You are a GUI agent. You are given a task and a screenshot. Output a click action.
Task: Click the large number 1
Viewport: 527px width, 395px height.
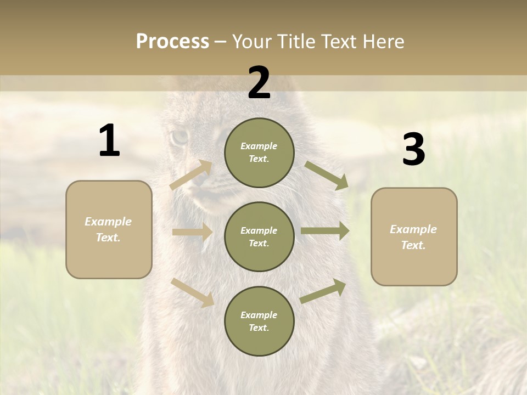[109, 141]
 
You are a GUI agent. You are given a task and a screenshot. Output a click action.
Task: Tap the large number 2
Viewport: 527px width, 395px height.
[259, 83]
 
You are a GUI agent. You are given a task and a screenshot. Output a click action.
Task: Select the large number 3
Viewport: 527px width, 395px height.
[413, 150]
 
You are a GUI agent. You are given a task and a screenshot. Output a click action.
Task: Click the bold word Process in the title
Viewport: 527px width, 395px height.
[172, 41]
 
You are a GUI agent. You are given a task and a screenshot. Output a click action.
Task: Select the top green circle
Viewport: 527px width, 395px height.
[259, 153]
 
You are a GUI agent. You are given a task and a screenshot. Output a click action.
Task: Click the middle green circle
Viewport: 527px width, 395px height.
[259, 236]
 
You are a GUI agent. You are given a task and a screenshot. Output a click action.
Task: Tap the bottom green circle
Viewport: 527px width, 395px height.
[259, 321]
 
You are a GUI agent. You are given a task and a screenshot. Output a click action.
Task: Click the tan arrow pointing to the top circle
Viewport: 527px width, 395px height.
[192, 175]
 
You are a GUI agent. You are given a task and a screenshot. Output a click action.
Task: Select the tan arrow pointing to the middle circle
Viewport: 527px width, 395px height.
[192, 232]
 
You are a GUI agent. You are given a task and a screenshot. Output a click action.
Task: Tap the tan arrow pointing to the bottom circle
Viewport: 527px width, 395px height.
[192, 292]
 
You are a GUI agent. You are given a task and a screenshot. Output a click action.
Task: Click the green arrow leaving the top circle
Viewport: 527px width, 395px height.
[326, 175]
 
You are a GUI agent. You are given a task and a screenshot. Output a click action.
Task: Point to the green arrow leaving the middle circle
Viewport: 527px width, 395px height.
[325, 231]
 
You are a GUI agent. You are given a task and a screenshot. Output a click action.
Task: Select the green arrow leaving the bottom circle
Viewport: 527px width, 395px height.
[323, 291]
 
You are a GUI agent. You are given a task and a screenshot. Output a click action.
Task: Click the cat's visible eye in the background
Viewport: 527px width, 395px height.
[179, 137]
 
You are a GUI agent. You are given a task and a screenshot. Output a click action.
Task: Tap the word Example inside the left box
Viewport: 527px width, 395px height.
[108, 222]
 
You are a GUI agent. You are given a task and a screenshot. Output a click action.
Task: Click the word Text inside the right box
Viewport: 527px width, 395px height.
[413, 245]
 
